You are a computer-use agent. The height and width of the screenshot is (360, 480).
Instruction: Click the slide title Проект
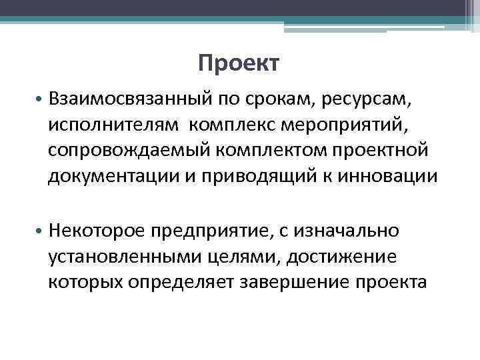coord(239,64)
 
